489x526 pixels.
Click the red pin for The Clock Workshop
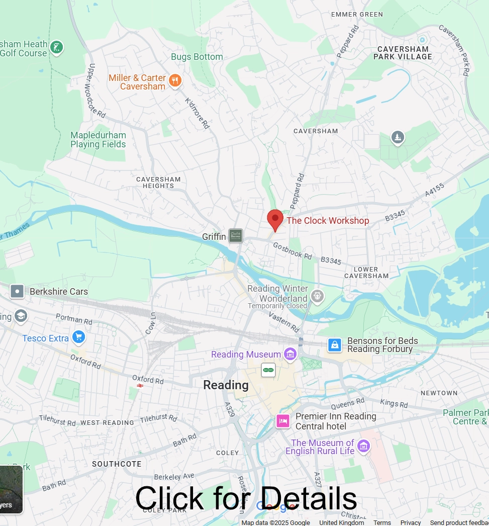(x=275, y=219)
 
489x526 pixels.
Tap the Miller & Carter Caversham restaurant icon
(x=175, y=80)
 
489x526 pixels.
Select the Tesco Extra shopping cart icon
(x=78, y=337)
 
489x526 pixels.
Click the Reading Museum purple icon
(x=290, y=355)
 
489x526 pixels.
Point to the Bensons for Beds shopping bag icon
(x=335, y=344)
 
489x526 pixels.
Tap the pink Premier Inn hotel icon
(x=283, y=421)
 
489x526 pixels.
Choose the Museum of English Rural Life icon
(x=363, y=446)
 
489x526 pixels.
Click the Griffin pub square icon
(x=236, y=235)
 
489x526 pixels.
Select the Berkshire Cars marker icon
(x=17, y=291)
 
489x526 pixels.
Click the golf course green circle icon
(x=57, y=48)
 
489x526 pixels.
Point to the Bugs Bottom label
(x=197, y=57)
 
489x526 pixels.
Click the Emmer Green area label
(x=357, y=15)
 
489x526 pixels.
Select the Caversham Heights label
(x=158, y=183)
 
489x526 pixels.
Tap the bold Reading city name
(x=226, y=385)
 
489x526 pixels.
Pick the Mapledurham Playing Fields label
(x=98, y=140)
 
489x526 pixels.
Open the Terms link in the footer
(x=382, y=522)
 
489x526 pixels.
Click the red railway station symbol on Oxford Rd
(x=140, y=386)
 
